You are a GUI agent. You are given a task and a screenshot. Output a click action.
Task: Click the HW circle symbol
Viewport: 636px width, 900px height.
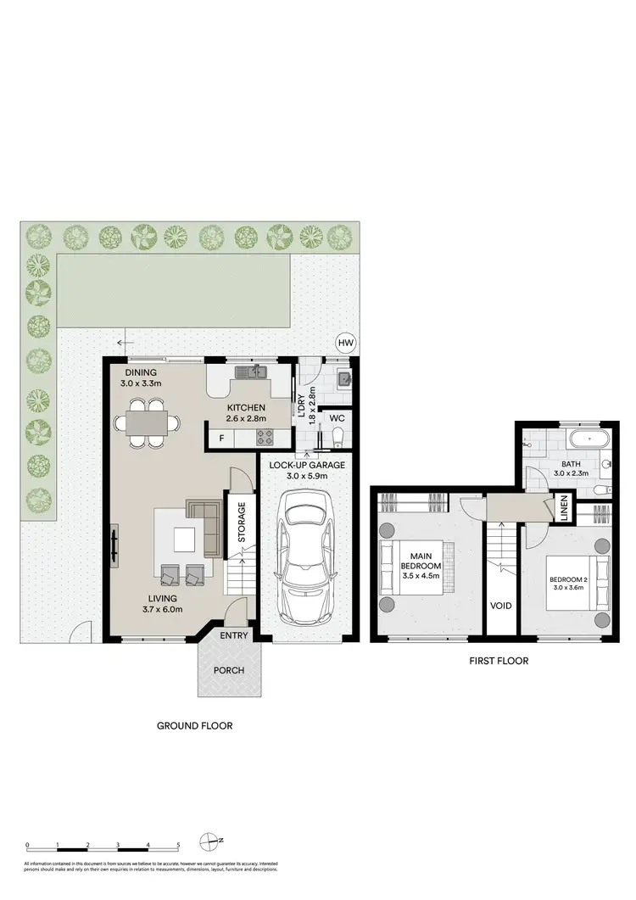[345, 343]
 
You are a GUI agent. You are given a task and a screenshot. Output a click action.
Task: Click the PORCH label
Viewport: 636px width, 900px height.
[229, 670]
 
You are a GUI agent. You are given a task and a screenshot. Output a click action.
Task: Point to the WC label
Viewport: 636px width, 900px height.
[336, 417]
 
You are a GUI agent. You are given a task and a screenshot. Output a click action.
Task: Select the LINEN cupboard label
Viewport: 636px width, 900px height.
[563, 510]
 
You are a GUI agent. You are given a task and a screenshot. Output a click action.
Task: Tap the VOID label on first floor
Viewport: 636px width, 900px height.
[499, 607]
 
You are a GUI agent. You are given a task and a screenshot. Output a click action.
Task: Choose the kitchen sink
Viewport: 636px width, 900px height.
[251, 372]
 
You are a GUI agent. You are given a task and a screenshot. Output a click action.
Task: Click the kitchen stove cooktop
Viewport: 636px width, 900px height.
[265, 438]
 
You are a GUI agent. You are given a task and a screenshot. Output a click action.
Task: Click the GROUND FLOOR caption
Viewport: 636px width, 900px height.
[194, 726]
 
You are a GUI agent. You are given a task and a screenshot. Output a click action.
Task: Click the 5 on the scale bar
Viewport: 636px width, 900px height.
[178, 845]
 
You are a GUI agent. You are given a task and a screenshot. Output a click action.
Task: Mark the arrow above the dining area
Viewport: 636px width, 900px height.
[126, 344]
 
